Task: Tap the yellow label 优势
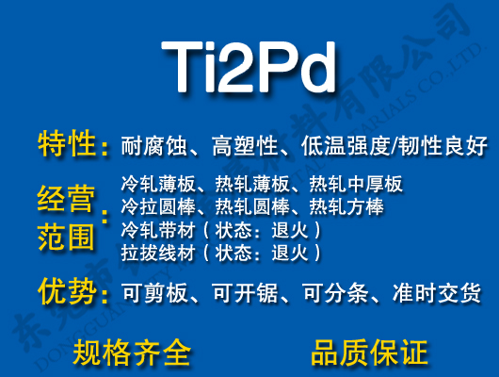pos(67,292)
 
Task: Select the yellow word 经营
pos(67,200)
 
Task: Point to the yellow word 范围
pos(67,237)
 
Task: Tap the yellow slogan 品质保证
pos(369,352)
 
